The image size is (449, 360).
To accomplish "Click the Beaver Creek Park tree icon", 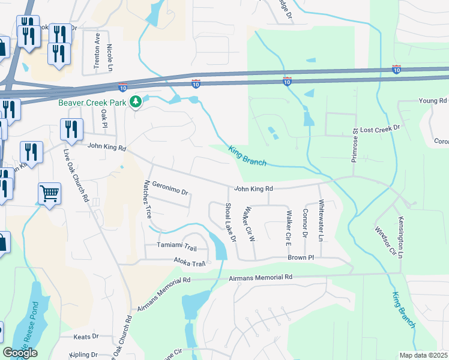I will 136,103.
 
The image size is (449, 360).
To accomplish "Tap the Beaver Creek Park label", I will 92,103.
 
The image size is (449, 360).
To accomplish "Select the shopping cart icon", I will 49,193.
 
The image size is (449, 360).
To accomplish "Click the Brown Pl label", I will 301,257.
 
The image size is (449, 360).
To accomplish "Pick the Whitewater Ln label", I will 321,220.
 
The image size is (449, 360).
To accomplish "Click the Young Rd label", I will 433,101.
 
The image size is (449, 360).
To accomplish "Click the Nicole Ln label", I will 109,54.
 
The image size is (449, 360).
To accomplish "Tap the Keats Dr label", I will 85,337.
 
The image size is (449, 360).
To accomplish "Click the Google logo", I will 20,353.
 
